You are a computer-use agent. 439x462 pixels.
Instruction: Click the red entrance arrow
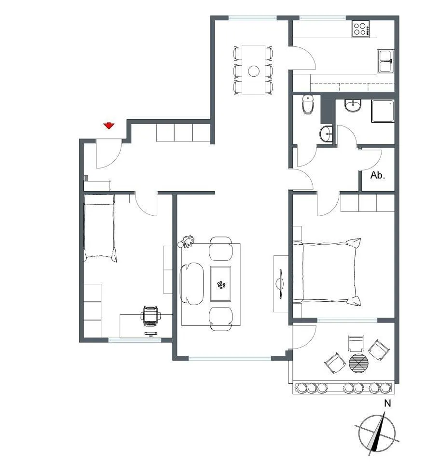coord(109,126)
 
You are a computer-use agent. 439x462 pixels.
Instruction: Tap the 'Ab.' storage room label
coord(377,175)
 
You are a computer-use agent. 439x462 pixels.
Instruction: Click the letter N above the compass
coord(387,403)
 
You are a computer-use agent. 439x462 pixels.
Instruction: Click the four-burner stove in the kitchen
coord(361,29)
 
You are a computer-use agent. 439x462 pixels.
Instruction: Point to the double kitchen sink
coord(385,61)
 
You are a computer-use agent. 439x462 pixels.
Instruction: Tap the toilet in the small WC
coord(308,104)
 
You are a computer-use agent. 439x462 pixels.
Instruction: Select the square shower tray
coord(383,111)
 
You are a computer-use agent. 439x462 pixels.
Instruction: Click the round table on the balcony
coord(358,363)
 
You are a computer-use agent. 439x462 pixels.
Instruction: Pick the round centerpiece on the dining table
coord(253,71)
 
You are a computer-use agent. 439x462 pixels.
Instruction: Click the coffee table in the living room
coord(220,284)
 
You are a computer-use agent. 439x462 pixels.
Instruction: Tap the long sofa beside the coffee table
coord(192,284)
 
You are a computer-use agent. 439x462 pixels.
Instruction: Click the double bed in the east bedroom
coord(327,272)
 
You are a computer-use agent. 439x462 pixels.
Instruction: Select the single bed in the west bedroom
coord(99,227)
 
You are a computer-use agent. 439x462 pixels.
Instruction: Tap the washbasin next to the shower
coord(353,106)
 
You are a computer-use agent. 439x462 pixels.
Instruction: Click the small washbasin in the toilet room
coord(326,134)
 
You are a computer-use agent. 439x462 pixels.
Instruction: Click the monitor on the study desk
coord(151,334)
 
